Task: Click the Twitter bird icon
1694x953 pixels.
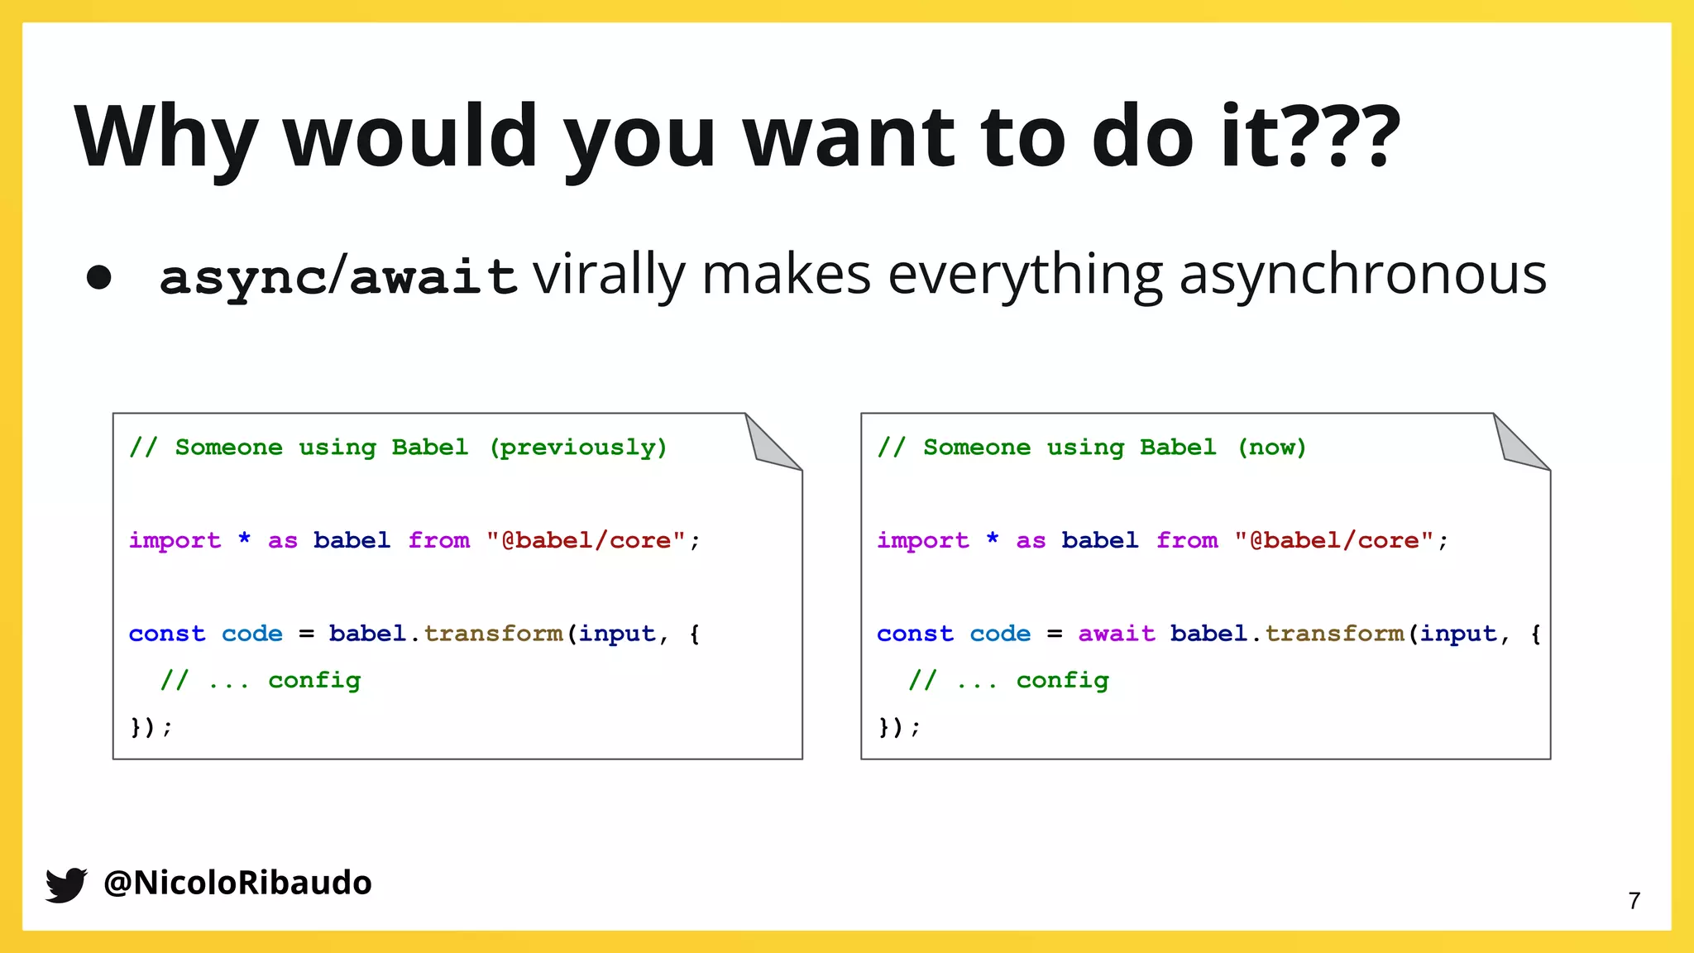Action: pos(66,884)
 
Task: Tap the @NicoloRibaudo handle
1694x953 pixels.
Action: pos(237,883)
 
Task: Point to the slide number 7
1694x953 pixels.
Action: pos(1634,901)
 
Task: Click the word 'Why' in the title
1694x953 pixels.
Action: pos(165,137)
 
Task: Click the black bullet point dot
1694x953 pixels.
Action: pos(98,277)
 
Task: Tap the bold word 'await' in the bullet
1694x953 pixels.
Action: pos(433,276)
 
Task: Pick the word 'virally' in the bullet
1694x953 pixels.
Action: pos(609,275)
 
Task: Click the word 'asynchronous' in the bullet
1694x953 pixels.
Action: pos(1362,275)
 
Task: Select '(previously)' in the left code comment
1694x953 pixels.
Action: pos(578,448)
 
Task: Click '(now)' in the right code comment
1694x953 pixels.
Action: pos(1271,448)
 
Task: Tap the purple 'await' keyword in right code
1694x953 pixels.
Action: pos(1116,634)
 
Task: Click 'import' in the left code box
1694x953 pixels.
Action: pos(175,541)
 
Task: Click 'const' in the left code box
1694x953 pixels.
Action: pos(166,634)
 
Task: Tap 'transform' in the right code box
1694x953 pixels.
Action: pos(1334,634)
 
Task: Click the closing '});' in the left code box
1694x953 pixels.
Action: pos(151,727)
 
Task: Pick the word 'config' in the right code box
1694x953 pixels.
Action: pos(1062,680)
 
